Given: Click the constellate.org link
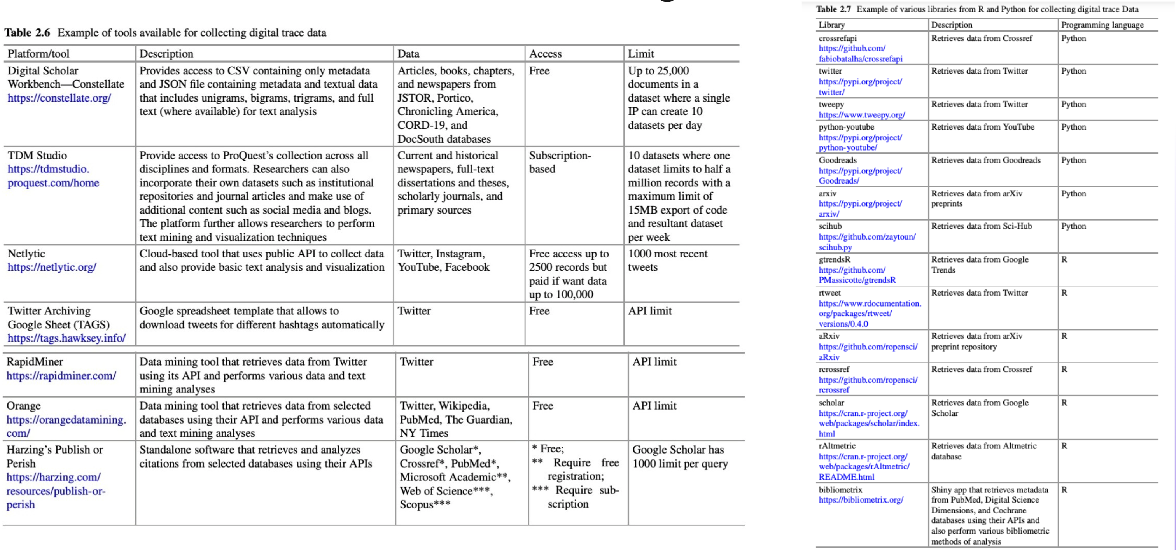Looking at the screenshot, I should pos(59,98).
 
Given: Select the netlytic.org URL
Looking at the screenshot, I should pos(52,268).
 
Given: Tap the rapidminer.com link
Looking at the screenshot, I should pos(61,376).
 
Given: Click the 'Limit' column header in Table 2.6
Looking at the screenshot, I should pos(641,54).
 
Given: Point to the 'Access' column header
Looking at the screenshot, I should pos(546,54).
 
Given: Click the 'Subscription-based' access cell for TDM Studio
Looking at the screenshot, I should pos(560,163).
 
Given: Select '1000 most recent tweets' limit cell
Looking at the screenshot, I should pos(667,261).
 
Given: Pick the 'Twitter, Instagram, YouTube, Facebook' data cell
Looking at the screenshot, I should pos(443,261).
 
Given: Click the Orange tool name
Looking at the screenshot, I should pos(24,406).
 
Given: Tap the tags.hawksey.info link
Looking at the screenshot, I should pos(66,338).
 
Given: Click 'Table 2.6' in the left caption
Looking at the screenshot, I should pos(27,33).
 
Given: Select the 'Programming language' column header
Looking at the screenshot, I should pos(1102,25).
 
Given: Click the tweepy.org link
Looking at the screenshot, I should pos(862,115).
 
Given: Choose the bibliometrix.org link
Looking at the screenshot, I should pos(861,500).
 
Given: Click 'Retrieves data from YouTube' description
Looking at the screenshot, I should pos(983,127).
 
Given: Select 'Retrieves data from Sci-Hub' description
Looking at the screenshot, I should pos(982,226).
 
